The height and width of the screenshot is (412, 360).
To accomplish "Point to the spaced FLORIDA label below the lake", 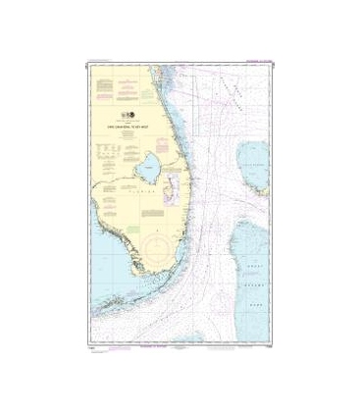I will coord(143,197).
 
